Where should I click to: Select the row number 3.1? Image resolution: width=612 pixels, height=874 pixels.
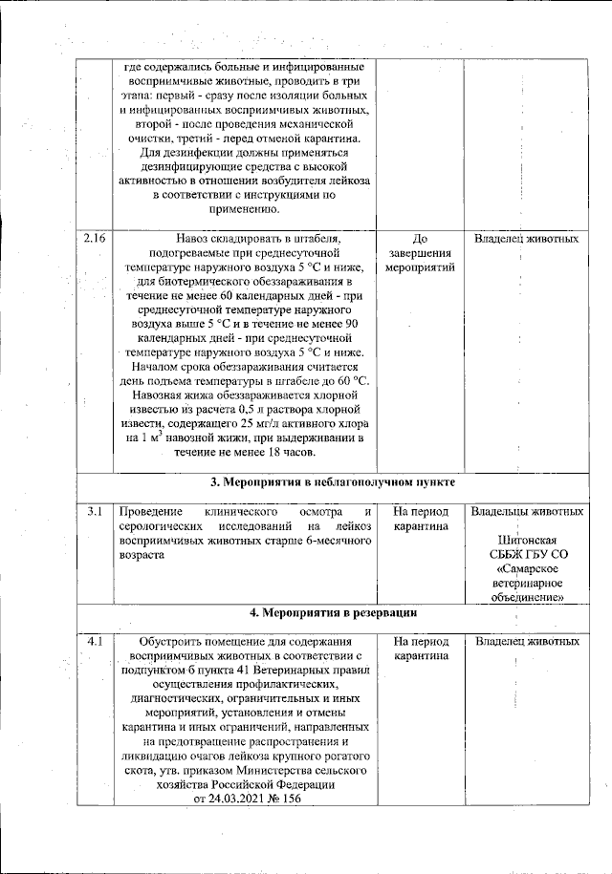(94, 513)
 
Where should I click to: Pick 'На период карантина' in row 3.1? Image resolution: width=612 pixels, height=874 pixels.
(420, 520)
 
